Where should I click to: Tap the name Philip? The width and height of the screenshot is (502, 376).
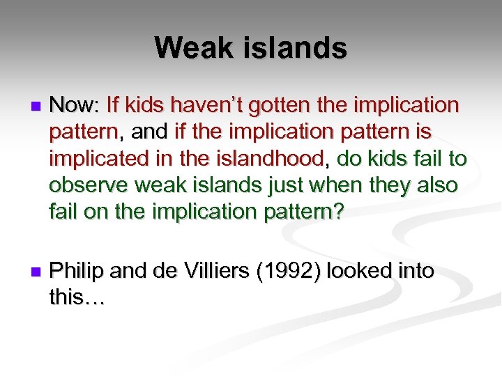pos(77,271)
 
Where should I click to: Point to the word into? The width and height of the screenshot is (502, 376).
pos(416,271)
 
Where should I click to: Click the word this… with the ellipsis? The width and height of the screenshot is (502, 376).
pos(77,297)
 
